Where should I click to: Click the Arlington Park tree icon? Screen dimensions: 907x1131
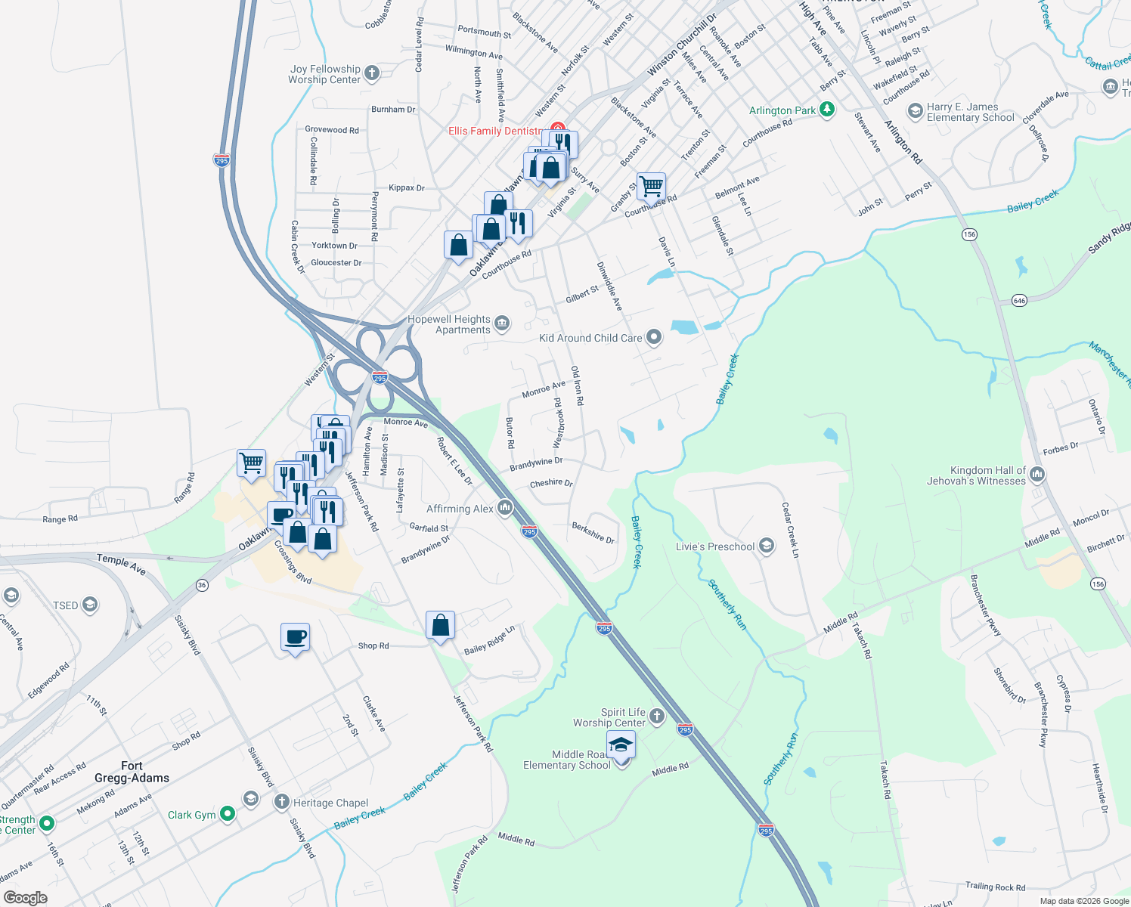click(827, 110)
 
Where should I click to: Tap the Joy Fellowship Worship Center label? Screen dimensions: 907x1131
click(324, 74)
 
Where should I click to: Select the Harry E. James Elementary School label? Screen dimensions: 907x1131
click(971, 112)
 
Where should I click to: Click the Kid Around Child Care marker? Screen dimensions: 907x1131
click(654, 338)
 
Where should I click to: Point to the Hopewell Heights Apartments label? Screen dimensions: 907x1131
click(449, 324)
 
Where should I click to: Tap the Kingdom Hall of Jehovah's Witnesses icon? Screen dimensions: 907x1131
click(1037, 475)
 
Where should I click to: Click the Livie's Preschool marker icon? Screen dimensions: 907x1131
click(767, 546)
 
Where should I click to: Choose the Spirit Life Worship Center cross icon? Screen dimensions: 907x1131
click(657, 717)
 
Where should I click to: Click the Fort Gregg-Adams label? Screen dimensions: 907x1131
click(132, 772)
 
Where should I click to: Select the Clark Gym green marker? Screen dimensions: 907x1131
click(227, 814)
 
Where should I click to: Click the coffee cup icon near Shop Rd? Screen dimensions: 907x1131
click(295, 636)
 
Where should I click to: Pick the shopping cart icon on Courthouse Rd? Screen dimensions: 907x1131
click(650, 185)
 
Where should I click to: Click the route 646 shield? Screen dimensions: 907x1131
click(1019, 301)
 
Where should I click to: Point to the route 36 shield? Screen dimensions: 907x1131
click(202, 584)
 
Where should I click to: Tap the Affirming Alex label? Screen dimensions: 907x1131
click(460, 509)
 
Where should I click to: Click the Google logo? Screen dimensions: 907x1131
click(25, 897)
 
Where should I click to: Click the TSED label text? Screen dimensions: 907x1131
click(66, 605)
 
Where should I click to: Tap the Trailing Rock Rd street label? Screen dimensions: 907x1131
click(995, 887)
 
